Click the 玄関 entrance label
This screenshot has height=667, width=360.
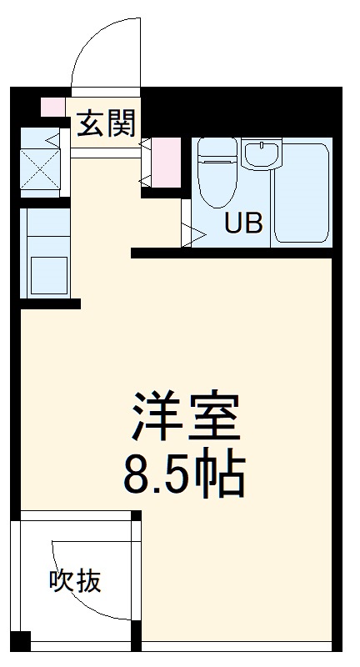click(106, 124)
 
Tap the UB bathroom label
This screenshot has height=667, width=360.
click(243, 223)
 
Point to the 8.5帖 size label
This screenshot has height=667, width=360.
click(185, 473)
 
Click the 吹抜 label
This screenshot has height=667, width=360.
click(76, 581)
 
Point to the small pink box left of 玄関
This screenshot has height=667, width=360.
click(52, 108)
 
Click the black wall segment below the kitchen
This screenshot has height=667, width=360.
click(50, 303)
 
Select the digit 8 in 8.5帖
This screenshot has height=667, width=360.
click(137, 473)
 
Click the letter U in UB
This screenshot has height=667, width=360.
click(232, 223)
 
